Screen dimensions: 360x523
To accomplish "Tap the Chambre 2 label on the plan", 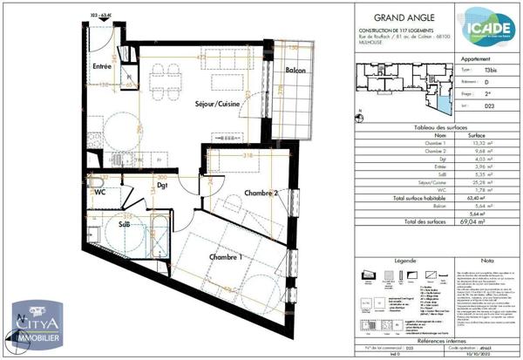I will click(x=261, y=193).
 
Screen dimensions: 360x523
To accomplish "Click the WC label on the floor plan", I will click(x=101, y=192).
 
